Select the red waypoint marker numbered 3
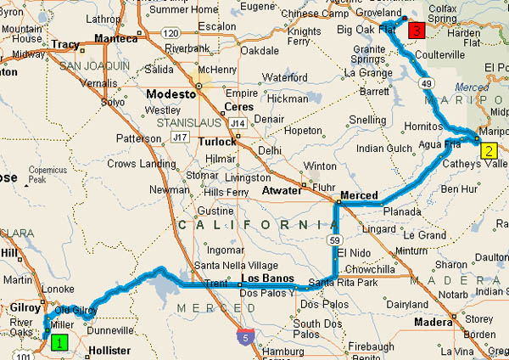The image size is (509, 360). click(x=416, y=31)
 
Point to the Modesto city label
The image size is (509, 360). click(x=172, y=94)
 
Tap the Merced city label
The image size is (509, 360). click(x=359, y=196)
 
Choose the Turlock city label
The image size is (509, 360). click(x=217, y=142)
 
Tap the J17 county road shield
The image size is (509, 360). click(x=177, y=136)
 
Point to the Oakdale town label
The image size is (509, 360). click(x=260, y=50)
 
